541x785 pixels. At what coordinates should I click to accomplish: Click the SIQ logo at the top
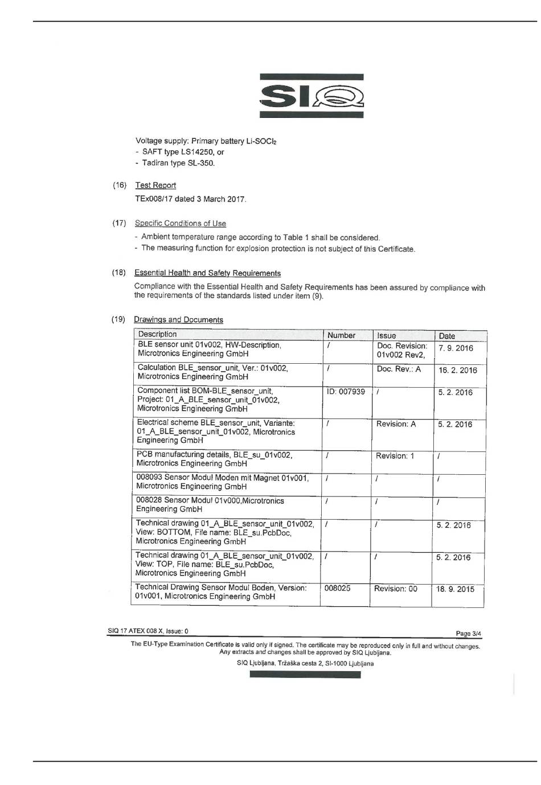tap(312, 96)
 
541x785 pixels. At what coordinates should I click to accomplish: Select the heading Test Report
tap(155, 185)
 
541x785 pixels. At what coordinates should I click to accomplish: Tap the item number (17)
tap(119, 223)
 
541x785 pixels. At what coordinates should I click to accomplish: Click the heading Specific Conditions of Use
tap(181, 223)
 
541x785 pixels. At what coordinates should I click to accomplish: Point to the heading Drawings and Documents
tap(178, 319)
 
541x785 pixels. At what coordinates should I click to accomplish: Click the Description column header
tap(157, 334)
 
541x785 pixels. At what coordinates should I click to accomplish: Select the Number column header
tap(341, 335)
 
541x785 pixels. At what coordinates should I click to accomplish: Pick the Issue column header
tap(386, 335)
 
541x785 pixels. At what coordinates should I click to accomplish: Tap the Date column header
tap(447, 336)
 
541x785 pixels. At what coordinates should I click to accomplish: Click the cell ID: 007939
tap(346, 392)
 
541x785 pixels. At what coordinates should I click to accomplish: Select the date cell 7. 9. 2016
tap(456, 348)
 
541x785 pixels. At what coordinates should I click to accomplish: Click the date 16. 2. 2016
tap(457, 370)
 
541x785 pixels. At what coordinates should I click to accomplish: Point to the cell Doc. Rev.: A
tap(399, 369)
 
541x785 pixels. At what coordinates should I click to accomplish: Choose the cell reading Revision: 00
tap(395, 589)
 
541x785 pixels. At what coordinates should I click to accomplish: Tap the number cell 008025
tap(337, 588)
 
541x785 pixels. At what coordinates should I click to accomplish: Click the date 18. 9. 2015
tap(455, 589)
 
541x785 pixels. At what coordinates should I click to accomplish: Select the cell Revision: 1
tap(395, 456)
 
